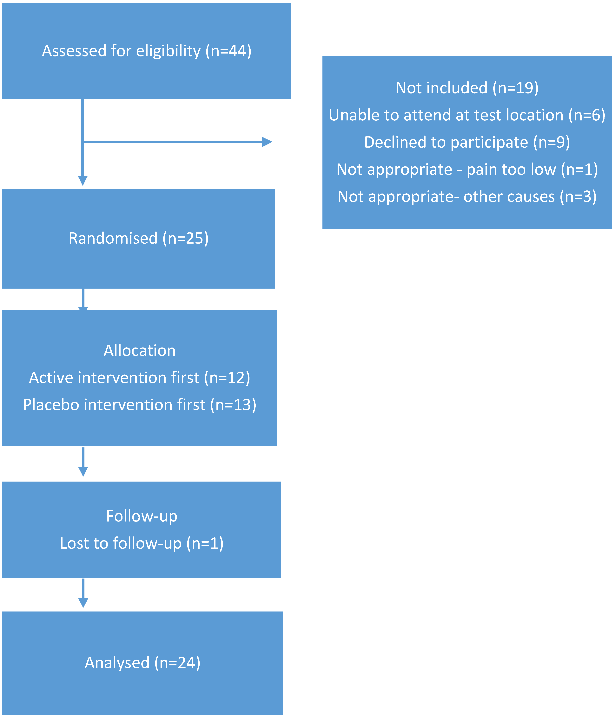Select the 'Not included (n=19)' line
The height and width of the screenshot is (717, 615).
467,88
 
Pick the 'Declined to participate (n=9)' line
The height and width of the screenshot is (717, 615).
467,142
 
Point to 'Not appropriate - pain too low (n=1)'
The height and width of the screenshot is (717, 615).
467,170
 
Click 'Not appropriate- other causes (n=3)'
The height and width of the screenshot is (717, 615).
467,196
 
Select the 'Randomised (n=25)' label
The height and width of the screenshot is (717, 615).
139,238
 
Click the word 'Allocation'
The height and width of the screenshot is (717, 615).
140,350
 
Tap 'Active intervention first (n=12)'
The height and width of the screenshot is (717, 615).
140,378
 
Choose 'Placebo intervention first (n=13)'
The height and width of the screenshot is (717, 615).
140,405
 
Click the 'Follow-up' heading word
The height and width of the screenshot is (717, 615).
142,516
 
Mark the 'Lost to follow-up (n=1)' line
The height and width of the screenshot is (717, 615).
142,543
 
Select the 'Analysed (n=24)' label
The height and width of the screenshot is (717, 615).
142,663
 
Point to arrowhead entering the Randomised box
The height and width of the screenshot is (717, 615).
83,180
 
